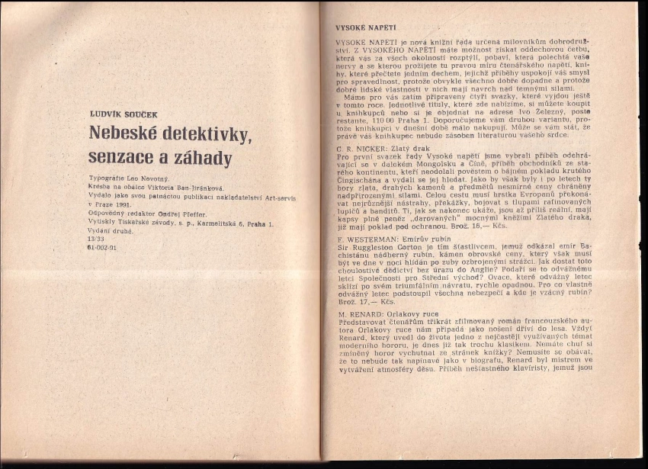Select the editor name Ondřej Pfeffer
point(184,213)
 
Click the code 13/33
point(97,239)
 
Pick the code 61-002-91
point(101,247)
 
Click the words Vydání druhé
point(110,230)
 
